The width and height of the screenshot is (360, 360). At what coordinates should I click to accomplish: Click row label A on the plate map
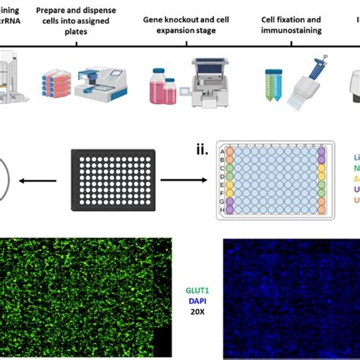click(222, 151)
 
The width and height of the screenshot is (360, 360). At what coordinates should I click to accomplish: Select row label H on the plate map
click(222, 208)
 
